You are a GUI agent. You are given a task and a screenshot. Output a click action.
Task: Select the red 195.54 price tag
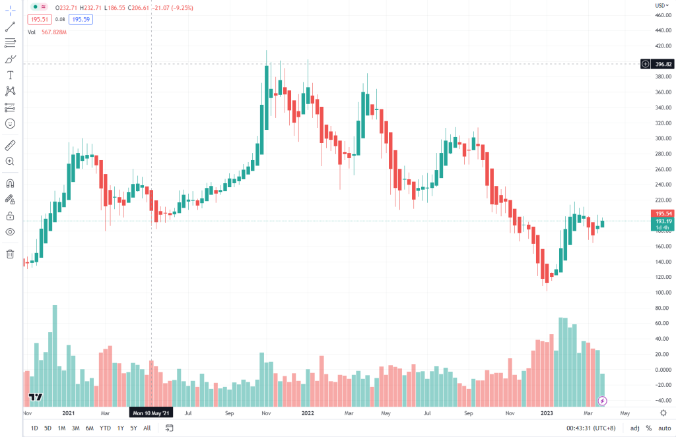click(662, 214)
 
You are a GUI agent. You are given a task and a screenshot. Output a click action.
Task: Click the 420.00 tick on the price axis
click(663, 46)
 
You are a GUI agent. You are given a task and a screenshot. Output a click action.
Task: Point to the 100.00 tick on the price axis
click(663, 292)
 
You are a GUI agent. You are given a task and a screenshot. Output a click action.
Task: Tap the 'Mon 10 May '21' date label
click(151, 413)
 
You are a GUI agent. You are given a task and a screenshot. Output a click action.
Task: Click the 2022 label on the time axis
click(308, 413)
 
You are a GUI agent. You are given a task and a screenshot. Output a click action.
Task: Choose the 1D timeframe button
click(34, 428)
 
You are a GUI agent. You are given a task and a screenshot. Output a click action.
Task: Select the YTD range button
click(105, 428)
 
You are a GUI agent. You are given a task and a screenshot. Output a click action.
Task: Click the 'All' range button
click(147, 428)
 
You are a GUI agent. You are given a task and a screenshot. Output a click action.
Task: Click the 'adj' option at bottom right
click(634, 428)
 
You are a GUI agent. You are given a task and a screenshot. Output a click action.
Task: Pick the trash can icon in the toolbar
click(11, 254)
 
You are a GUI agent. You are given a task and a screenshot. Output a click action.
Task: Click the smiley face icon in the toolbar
click(11, 123)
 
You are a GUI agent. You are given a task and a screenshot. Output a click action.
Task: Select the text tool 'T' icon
click(11, 75)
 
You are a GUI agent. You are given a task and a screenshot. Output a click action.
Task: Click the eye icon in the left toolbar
click(11, 232)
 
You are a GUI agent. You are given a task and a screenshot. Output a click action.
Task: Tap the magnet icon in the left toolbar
click(11, 183)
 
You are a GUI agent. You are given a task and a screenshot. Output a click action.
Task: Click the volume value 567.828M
click(54, 32)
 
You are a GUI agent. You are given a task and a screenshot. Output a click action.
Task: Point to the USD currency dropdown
click(659, 5)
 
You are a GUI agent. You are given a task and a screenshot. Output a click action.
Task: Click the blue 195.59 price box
click(81, 20)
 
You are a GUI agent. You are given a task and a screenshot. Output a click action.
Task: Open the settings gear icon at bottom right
click(663, 413)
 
